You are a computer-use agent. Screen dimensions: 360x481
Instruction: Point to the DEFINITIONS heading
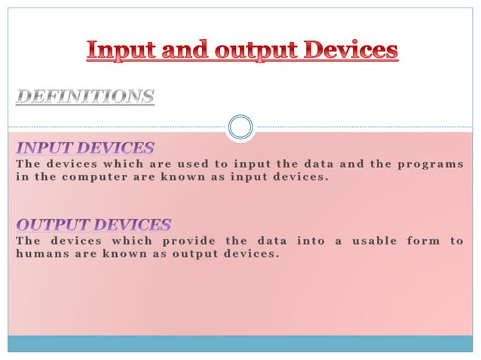point(85,97)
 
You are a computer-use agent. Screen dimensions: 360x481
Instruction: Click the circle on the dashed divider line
point(240,127)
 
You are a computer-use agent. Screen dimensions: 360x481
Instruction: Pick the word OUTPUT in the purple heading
point(54,224)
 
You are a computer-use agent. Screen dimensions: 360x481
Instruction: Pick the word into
point(311,240)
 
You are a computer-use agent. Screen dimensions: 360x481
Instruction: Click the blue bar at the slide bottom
point(240,343)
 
